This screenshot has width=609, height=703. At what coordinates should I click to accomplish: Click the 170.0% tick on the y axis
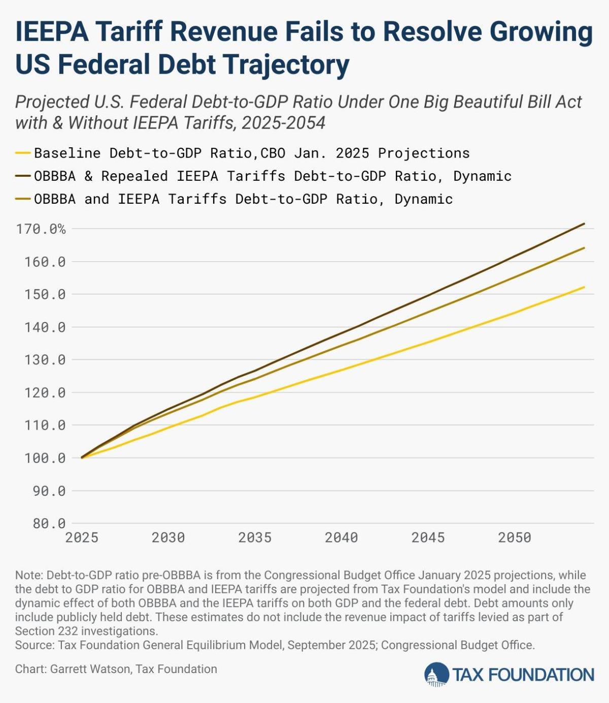[41, 229]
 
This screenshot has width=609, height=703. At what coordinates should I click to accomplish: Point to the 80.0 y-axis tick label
[49, 523]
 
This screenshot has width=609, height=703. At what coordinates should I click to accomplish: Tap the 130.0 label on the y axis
[45, 360]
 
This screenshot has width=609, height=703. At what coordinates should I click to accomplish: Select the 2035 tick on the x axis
[255, 537]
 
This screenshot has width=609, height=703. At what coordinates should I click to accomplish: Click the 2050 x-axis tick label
[515, 537]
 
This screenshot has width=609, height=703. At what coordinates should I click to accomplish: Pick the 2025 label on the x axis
[82, 537]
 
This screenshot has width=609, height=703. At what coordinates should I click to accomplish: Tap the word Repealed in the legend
[134, 176]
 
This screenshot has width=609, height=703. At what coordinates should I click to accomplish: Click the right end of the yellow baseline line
[584, 287]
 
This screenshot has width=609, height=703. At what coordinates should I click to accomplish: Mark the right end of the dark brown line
[584, 223]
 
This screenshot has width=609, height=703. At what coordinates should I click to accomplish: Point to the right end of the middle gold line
[584, 248]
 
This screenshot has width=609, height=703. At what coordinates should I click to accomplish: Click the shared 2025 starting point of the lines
[82, 457]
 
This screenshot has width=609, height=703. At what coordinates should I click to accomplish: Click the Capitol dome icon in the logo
[436, 675]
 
